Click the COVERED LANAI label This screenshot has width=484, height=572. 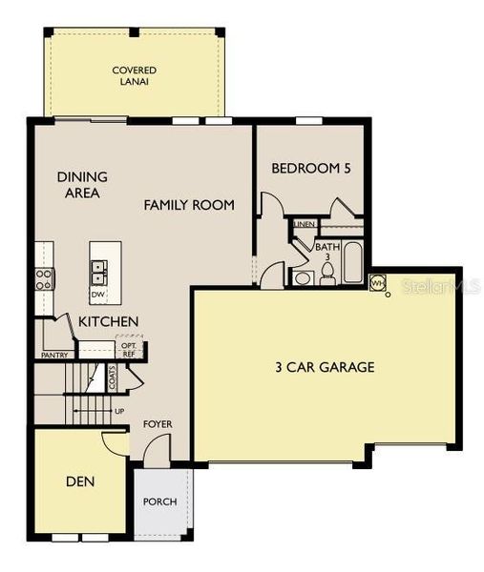pyautogui.click(x=134, y=76)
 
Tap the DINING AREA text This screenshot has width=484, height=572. pyautogui.click(x=82, y=184)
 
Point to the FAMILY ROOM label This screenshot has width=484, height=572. pyautogui.click(x=189, y=205)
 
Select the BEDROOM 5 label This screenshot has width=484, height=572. pyautogui.click(x=311, y=169)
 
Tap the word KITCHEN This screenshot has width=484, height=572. pyautogui.click(x=108, y=322)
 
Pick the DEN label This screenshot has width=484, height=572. pyautogui.click(x=80, y=481)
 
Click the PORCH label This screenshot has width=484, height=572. pyautogui.click(x=159, y=501)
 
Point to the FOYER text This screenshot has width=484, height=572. pyautogui.click(x=158, y=423)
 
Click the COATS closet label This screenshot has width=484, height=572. pyautogui.click(x=112, y=379)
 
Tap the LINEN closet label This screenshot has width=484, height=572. pyautogui.click(x=305, y=225)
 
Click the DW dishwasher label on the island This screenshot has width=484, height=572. pyautogui.click(x=97, y=294)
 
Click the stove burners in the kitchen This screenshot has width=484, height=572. pyautogui.click(x=44, y=278)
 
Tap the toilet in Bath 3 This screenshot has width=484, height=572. pyautogui.click(x=326, y=275)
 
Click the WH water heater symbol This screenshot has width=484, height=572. pyautogui.click(x=377, y=283)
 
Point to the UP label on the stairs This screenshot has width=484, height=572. pyautogui.click(x=118, y=411)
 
